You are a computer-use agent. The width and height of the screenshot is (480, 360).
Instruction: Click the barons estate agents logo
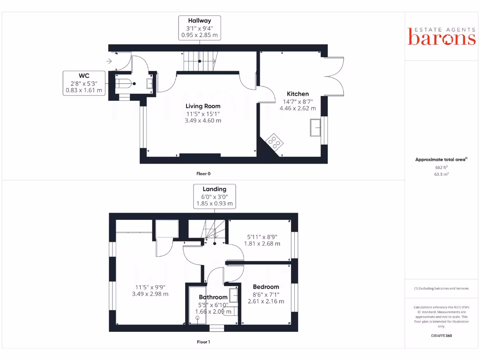coord(442,37)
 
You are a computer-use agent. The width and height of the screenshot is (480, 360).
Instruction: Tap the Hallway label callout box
coord(200,28)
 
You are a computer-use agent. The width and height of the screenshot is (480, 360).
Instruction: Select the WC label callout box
coord(84,83)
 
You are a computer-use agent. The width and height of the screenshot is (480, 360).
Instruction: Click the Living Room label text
coord(202,106)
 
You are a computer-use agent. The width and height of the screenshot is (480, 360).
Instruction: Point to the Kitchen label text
coord(298,94)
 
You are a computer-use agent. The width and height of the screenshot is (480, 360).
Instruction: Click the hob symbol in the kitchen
coord(273,141)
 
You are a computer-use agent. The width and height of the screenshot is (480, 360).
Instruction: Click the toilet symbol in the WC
coord(125,84)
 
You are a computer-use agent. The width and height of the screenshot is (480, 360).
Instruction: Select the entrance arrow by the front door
coord(109,61)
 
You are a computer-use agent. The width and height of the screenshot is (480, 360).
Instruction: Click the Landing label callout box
coord(214,196)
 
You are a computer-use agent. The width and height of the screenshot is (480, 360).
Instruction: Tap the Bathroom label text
coord(213,297)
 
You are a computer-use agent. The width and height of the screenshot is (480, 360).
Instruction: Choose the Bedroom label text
coord(266,287)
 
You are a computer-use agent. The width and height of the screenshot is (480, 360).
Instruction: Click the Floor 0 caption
coord(203,173)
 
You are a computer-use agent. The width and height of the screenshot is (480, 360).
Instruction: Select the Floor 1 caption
coord(203,342)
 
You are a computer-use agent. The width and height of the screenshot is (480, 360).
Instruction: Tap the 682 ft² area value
coord(441,167)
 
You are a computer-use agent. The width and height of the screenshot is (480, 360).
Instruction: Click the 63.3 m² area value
coord(441,174)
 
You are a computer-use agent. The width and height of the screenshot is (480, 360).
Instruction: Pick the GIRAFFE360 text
coord(441,336)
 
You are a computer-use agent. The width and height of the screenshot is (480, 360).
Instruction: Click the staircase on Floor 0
coord(200,61)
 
